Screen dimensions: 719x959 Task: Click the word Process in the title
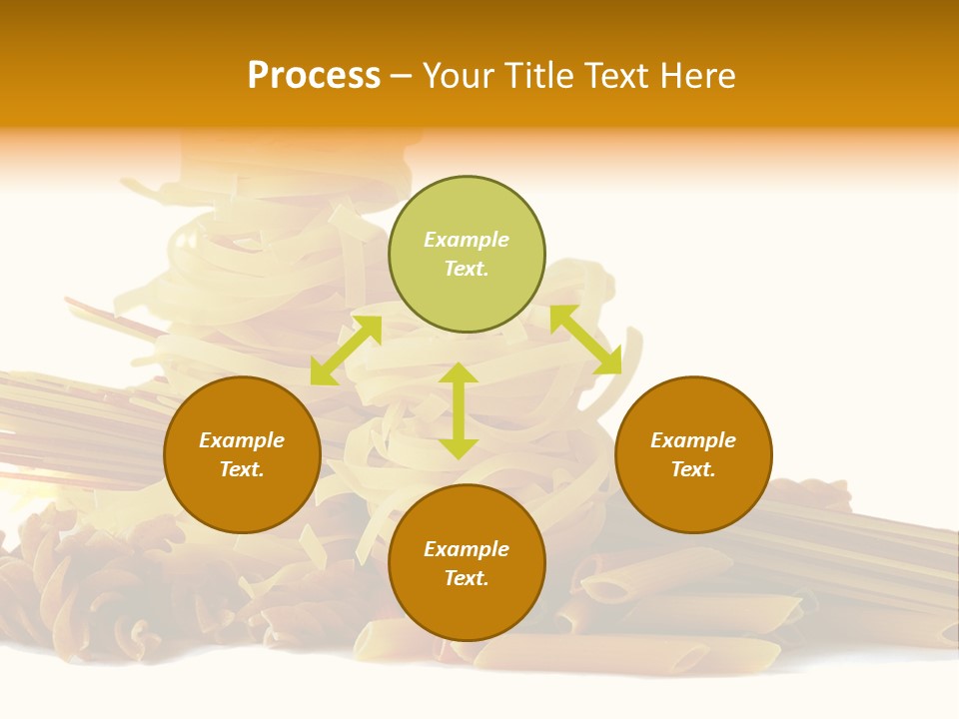coord(314,76)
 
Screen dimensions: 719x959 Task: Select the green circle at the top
coord(467,255)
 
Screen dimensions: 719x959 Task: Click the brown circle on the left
coord(242,454)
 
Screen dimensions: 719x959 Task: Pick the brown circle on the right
coord(693,454)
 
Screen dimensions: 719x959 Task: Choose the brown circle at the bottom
coord(467,563)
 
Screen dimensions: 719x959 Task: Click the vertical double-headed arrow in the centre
coord(459,410)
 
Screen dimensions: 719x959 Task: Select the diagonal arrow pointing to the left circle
coord(346,350)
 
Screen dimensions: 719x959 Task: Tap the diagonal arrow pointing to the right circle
coord(585,340)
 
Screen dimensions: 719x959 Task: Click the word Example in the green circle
coord(467,240)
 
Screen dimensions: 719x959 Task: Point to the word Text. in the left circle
coord(242,469)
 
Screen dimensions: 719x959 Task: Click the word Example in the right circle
coord(693,440)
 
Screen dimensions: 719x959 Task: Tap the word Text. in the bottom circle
coord(467,578)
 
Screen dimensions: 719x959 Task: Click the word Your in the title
coord(458,76)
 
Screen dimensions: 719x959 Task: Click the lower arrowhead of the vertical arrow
coord(459,448)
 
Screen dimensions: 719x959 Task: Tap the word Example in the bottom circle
coord(467,549)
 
